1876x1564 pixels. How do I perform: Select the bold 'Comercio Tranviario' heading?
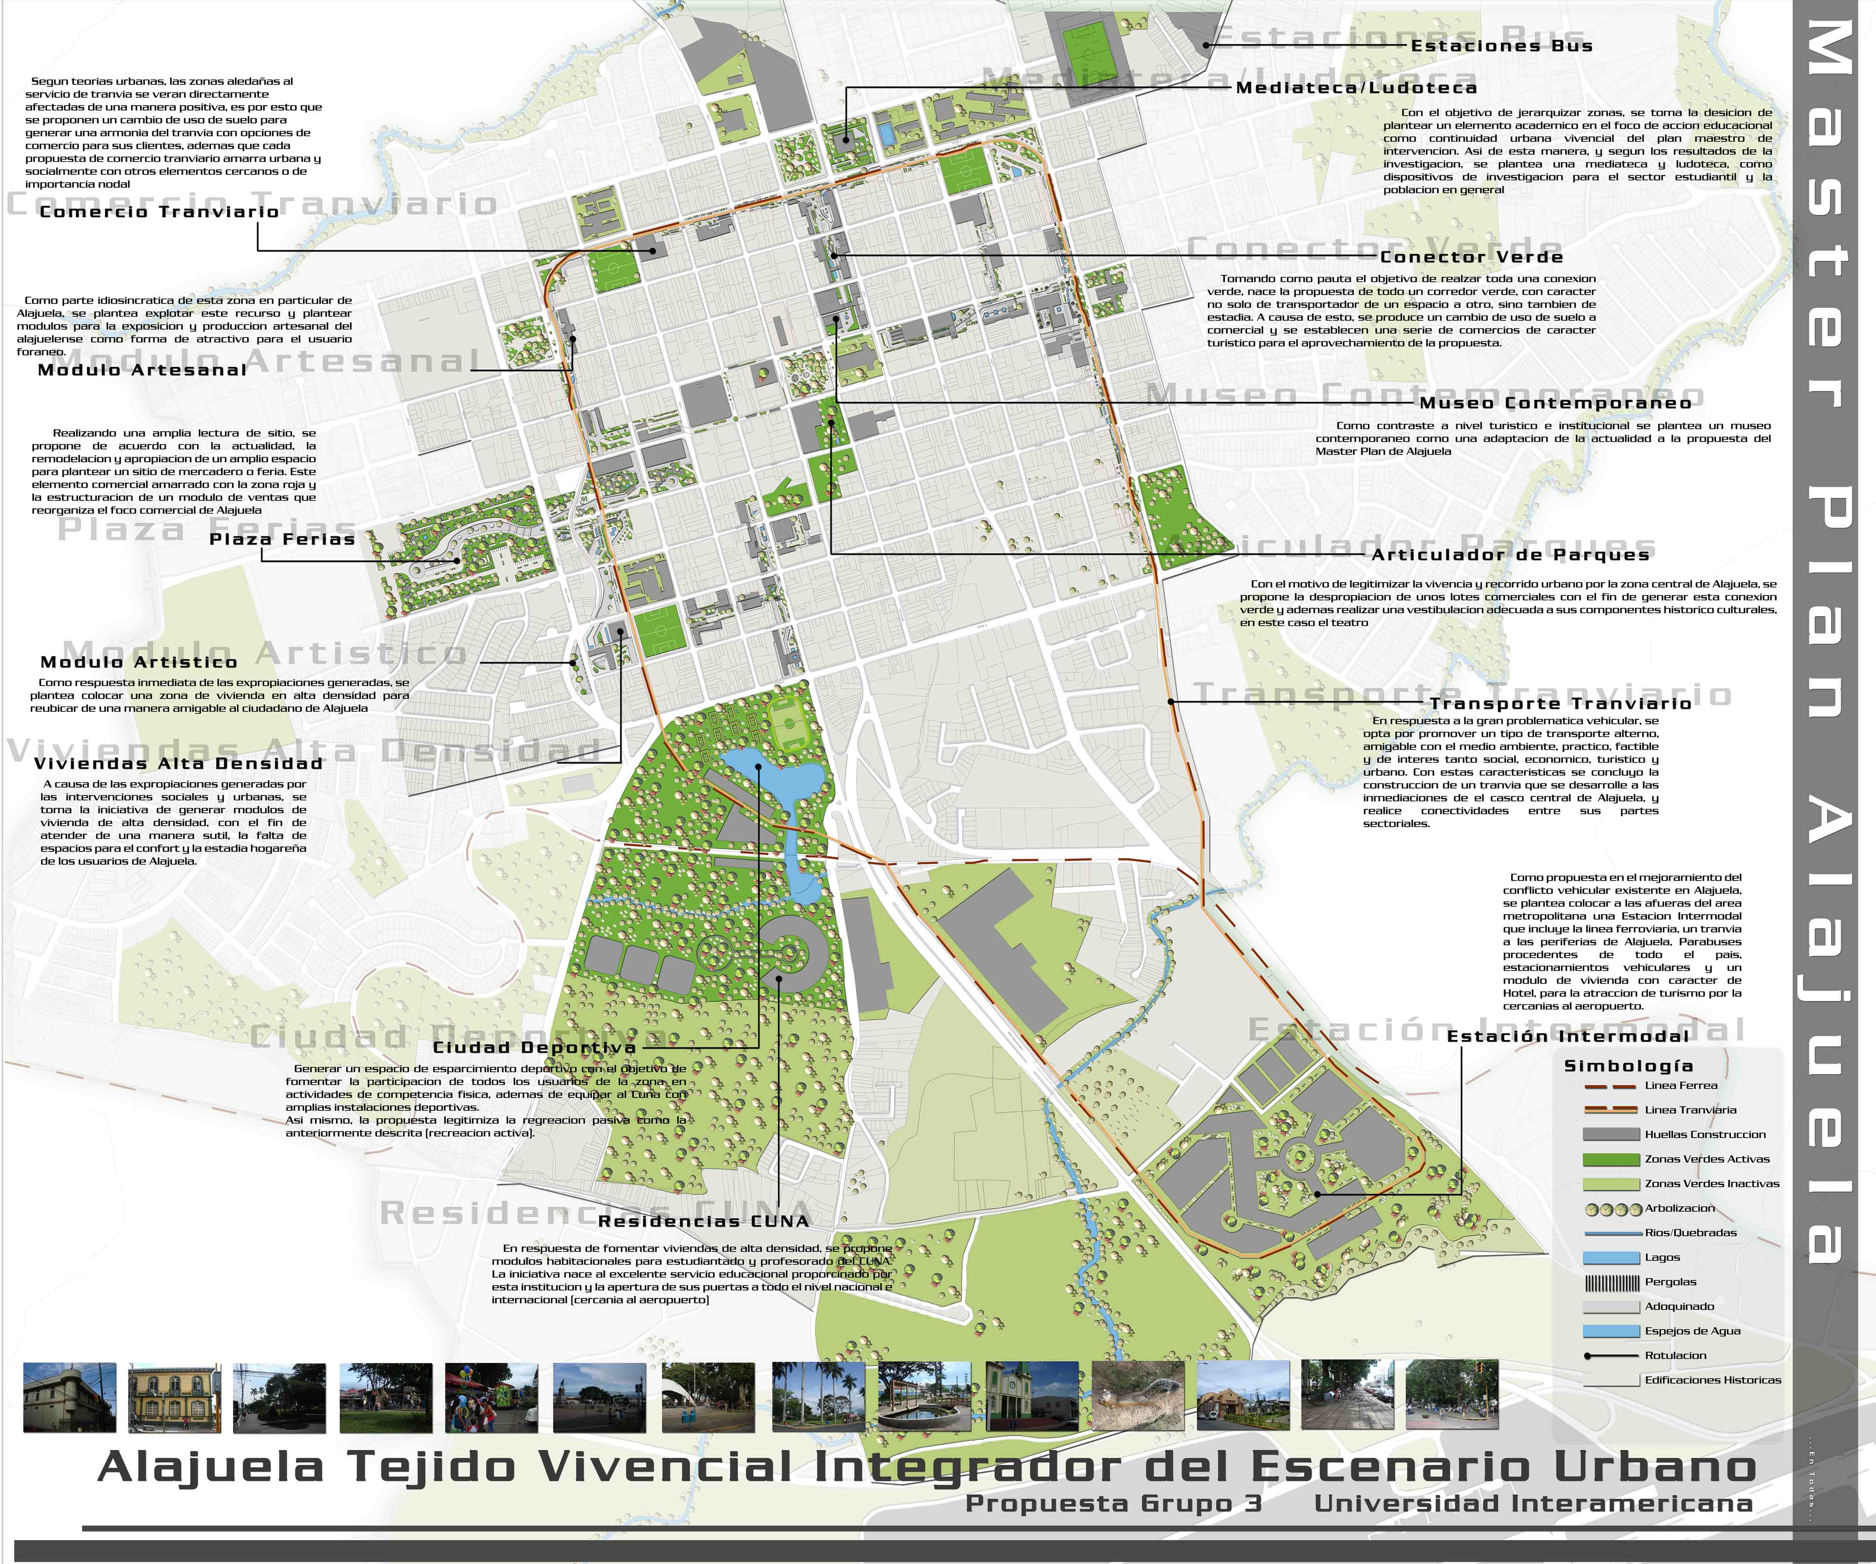coord(159,212)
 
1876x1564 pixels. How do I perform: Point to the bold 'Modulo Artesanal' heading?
coord(142,370)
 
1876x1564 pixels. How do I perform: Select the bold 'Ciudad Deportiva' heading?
coord(534,1047)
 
